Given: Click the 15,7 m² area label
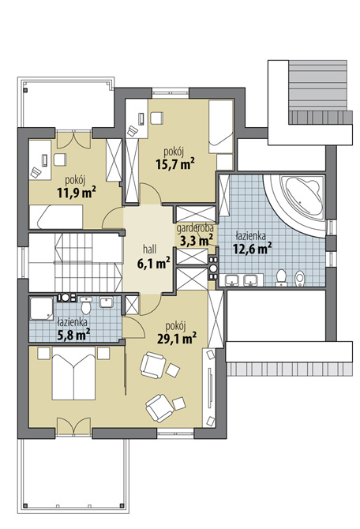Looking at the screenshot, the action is [x=175, y=164].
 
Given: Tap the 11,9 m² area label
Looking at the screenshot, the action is [x=77, y=193].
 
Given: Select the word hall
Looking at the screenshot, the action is [x=150, y=249].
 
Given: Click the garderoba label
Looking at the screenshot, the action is [x=195, y=229].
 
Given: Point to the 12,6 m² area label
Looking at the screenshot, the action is [x=253, y=249].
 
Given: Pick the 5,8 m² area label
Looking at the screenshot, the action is [x=73, y=335].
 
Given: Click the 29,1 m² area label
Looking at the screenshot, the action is [x=177, y=338].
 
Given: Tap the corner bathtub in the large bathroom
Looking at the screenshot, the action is [x=303, y=194].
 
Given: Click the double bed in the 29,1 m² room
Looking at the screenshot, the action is [x=73, y=373].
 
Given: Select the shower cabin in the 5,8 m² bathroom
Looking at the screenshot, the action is [x=41, y=309].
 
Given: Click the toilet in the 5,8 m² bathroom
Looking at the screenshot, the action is [x=86, y=305].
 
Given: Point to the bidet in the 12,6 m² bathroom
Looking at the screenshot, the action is [x=300, y=279].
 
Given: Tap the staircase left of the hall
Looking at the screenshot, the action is [x=75, y=262].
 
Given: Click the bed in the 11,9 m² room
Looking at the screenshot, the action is [x=56, y=216].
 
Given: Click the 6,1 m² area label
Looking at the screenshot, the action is [x=153, y=264].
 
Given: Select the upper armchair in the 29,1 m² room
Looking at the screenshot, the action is [x=153, y=365].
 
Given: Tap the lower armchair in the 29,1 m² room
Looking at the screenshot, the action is [x=159, y=408].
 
